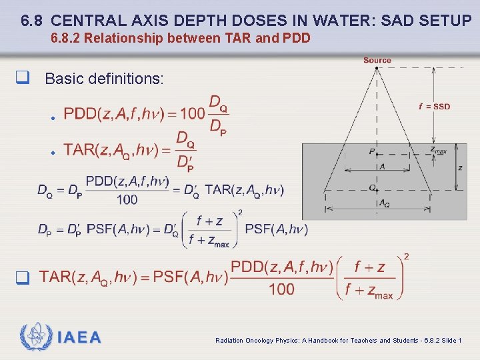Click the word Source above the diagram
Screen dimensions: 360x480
[377, 60]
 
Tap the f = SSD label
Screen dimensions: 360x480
[434, 106]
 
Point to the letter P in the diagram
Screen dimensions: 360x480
[371, 151]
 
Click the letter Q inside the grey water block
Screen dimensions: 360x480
[372, 187]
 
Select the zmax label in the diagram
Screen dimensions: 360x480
[437, 150]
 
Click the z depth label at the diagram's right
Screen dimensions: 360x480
[460, 167]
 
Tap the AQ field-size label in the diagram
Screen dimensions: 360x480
[384, 203]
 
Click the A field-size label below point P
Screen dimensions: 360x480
[382, 167]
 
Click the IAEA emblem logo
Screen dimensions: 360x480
[34, 337]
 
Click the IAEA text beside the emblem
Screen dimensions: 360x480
[79, 337]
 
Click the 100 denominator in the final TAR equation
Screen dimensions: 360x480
[282, 289]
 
